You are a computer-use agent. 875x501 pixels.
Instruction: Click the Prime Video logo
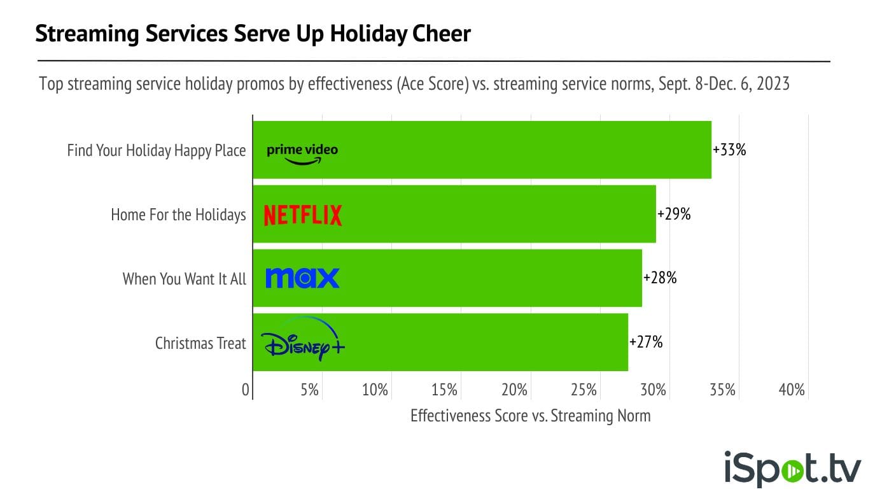302,153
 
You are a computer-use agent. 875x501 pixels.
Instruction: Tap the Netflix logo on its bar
303,215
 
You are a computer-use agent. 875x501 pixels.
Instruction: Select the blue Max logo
302,278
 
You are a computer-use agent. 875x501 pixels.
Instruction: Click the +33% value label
729,150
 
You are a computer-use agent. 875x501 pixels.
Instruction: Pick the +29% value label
674,215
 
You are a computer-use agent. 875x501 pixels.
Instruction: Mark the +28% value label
660,278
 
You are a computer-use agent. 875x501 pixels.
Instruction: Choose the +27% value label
646,342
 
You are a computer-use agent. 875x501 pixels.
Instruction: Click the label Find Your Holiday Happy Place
157,151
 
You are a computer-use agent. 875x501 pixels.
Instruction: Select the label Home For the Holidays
178,215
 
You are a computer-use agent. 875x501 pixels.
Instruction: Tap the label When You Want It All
184,279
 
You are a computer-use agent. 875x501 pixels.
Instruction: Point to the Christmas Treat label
200,343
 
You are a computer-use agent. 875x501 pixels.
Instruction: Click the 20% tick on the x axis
514,390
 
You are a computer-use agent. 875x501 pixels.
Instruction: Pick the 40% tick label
792,390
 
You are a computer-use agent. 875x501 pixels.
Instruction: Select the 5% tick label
310,390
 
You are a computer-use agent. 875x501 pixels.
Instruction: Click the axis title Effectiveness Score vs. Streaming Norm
531,416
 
